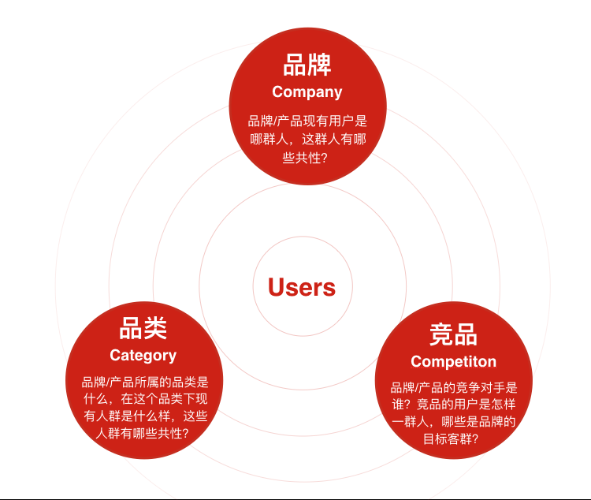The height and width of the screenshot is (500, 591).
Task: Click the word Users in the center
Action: [x=302, y=287]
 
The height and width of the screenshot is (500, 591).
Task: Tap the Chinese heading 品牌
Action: [x=307, y=65]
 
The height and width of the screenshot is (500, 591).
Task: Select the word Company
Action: [x=307, y=92]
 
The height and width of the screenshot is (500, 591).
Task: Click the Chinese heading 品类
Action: [x=143, y=328]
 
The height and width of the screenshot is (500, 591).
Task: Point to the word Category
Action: [x=143, y=355]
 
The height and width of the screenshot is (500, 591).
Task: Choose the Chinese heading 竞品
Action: [x=453, y=334]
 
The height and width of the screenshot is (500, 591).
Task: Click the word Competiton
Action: [x=453, y=362]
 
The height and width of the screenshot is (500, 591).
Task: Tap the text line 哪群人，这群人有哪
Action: [x=307, y=139]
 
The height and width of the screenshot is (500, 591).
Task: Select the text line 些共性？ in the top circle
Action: [x=307, y=157]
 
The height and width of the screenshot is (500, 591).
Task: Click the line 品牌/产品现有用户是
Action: [x=307, y=121]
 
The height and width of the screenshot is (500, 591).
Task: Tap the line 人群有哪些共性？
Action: [x=143, y=434]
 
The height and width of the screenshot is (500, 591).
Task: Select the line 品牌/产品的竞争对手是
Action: [x=454, y=387]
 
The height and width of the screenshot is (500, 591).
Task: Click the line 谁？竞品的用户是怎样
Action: [x=454, y=405]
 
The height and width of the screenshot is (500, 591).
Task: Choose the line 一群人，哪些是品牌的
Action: [x=454, y=422]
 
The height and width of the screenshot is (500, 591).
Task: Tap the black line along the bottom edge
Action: [x=295, y=498]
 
